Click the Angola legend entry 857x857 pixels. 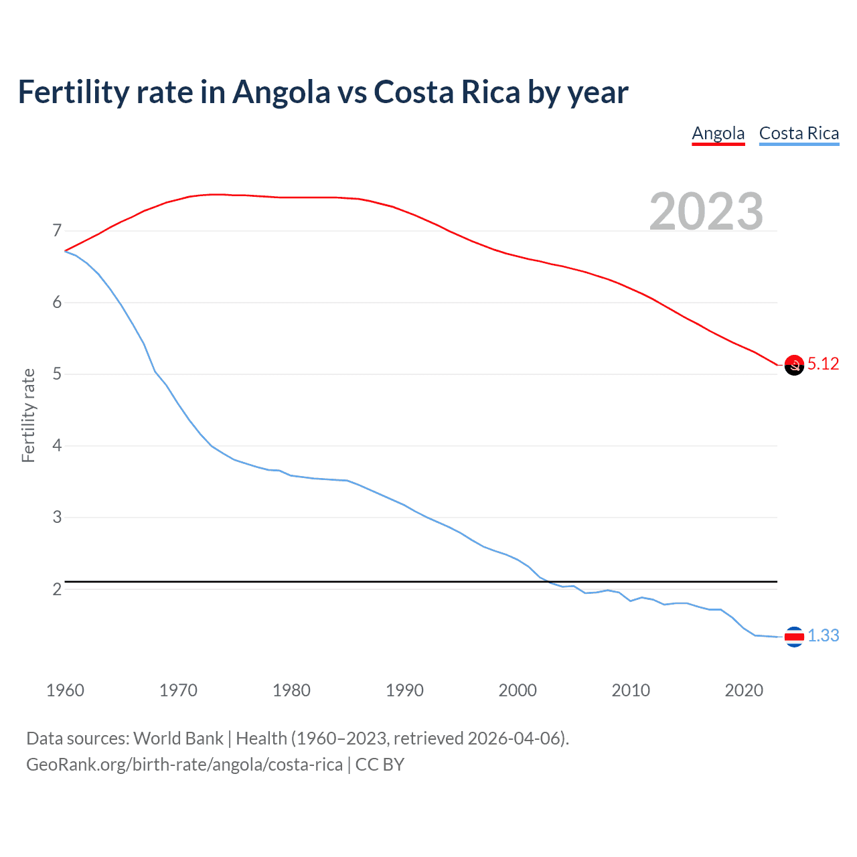(718, 133)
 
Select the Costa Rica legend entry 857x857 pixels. (799, 133)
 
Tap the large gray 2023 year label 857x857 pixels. (706, 212)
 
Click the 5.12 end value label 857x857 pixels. (823, 364)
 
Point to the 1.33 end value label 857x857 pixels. (823, 635)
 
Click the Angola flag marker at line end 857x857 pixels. (794, 365)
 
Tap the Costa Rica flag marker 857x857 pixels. (794, 637)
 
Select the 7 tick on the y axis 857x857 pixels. (57, 231)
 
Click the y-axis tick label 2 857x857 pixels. (57, 589)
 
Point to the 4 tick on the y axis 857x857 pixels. (57, 446)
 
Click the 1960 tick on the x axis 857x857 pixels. (65, 690)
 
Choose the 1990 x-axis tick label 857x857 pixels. (404, 690)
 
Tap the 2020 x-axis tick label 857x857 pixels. (744, 690)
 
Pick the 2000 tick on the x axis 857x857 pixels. (518, 690)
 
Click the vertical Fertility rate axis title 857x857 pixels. (28, 415)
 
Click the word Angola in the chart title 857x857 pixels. (281, 92)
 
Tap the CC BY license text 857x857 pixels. (380, 765)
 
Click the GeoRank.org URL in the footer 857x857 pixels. (184, 765)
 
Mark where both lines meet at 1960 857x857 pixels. (65, 251)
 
